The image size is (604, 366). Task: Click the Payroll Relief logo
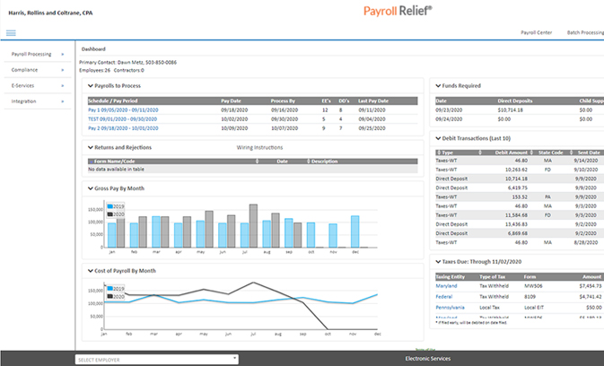pos(397,11)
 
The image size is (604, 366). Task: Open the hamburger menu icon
pos(11,33)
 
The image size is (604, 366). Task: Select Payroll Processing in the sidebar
pos(31,55)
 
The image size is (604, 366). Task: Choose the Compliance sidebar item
pos(25,70)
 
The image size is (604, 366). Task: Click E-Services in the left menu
pos(23,86)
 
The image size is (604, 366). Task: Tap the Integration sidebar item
pos(24,101)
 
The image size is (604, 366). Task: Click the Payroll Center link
pos(535,33)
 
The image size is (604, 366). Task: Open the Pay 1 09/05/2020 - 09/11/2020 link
pos(125,109)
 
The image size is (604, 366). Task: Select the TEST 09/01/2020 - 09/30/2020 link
pos(127,118)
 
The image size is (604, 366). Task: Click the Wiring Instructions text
pos(259,146)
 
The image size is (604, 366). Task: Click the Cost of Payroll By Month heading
pos(125,270)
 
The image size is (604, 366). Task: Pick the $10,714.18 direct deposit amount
pos(509,110)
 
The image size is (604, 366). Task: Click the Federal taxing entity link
pos(444,296)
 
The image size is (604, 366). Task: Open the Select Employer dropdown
pos(157,359)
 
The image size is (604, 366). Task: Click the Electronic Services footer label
pos(427,358)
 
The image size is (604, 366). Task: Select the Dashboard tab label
pos(93,48)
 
